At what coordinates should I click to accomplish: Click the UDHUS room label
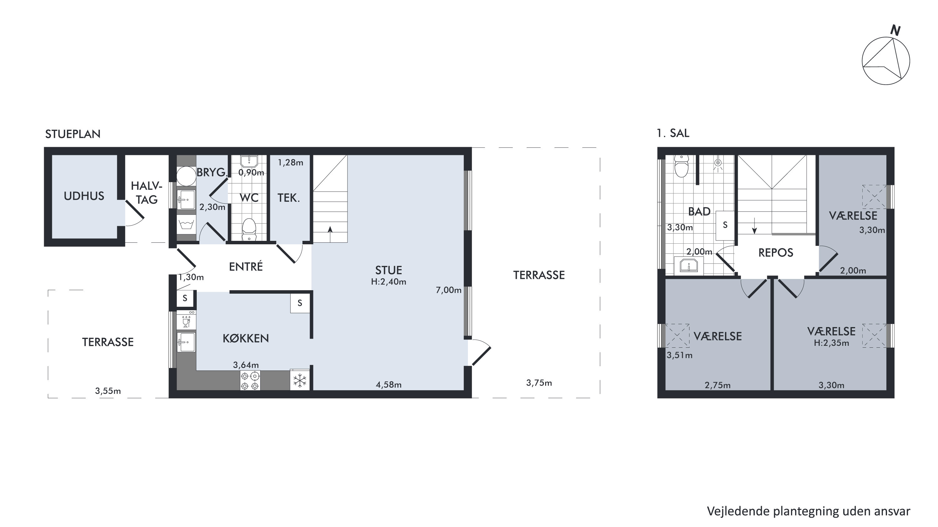point(84,196)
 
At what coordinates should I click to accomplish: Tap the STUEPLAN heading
point(73,134)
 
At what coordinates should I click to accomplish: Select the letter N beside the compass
point(895,30)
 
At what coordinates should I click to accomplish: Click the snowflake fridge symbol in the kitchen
point(300,380)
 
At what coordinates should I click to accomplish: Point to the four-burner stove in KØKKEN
point(250,380)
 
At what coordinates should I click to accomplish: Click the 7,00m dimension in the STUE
point(449,290)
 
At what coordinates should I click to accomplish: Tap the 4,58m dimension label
point(388,385)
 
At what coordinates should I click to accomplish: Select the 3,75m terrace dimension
point(539,383)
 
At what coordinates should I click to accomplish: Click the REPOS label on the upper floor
point(776,253)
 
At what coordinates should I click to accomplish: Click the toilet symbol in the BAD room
point(682,166)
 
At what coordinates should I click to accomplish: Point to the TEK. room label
point(288,198)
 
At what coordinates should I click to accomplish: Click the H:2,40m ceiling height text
point(388,282)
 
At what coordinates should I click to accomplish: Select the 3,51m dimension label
point(679,355)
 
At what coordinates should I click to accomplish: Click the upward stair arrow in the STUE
point(330,234)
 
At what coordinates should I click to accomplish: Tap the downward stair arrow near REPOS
point(754,226)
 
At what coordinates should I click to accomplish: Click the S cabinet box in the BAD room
point(725,225)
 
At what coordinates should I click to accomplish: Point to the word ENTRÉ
point(246,266)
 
